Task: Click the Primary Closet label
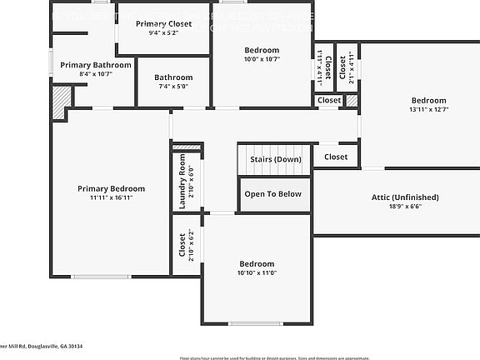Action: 163,24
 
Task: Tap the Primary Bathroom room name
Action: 96,64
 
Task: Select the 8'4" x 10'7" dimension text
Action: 96,74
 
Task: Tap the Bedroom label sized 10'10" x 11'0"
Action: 256,267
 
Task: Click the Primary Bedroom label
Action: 111,187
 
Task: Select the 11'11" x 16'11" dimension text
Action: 111,197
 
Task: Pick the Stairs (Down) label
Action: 275,159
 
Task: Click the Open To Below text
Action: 272,194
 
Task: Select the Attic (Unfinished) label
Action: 405,197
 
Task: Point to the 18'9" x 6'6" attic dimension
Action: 405,207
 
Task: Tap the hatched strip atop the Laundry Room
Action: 186,147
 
